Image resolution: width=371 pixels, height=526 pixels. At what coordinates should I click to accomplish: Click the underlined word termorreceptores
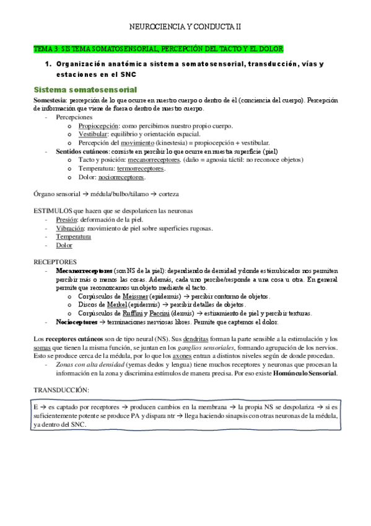pyautogui.click(x=140, y=168)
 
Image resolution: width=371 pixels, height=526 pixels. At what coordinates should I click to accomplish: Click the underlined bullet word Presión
pyautogui.click(x=66, y=220)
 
